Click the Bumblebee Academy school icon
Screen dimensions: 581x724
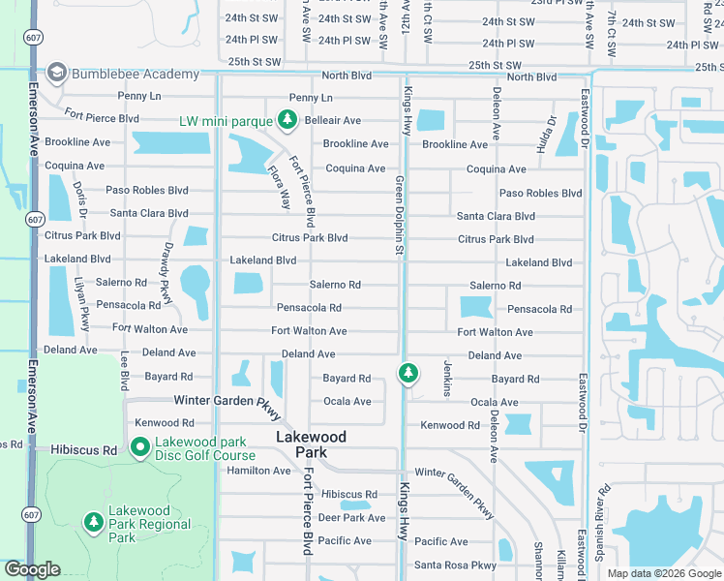(x=56, y=74)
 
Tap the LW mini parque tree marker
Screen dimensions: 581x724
(x=287, y=120)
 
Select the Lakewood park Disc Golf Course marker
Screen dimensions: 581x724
(x=139, y=447)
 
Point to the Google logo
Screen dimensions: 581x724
(x=32, y=569)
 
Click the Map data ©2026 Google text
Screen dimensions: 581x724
(x=663, y=573)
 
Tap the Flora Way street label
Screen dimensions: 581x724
(x=279, y=187)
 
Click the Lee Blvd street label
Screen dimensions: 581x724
(x=124, y=372)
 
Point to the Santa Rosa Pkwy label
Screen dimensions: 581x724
(x=455, y=566)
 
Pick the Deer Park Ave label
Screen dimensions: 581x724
(x=352, y=518)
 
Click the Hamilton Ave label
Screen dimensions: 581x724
(x=258, y=471)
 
